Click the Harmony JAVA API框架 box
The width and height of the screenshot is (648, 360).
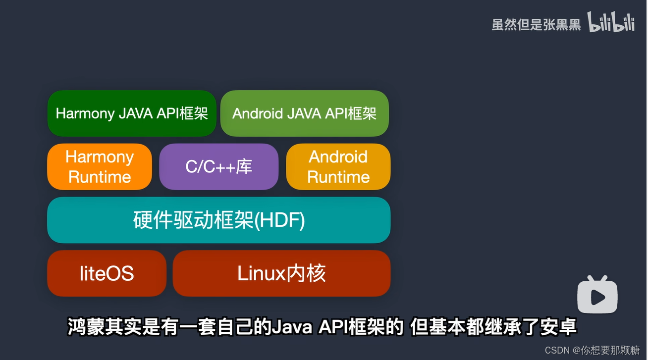tap(132, 113)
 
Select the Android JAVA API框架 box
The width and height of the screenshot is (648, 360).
tap(304, 113)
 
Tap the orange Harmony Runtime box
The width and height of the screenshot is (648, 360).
tap(100, 167)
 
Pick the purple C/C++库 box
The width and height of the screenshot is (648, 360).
tap(218, 167)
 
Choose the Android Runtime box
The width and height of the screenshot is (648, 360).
tap(338, 167)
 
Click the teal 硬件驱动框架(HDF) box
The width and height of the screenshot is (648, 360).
tap(218, 220)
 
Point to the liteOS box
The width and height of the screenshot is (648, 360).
tap(107, 273)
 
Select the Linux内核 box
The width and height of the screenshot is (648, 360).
tap(281, 273)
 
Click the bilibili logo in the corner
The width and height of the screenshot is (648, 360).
tap(611, 23)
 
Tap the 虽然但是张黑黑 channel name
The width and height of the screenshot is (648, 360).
tap(536, 25)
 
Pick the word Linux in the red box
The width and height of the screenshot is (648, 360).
tap(262, 273)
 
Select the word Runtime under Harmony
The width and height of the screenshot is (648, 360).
tap(100, 177)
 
